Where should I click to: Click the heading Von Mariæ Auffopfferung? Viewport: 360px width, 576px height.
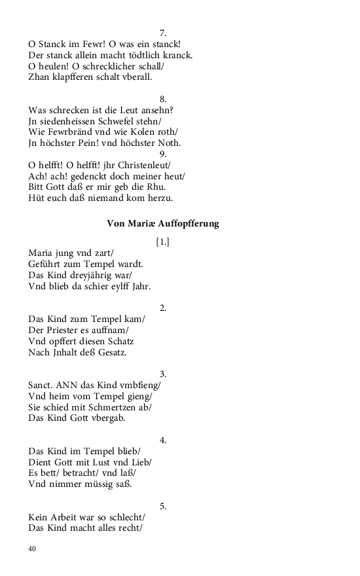point(163,224)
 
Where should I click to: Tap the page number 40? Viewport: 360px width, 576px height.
point(32,549)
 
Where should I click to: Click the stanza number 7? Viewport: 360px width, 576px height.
point(163,32)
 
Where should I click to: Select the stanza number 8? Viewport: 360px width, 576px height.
point(163,99)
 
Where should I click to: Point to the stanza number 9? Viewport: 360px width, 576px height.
point(163,154)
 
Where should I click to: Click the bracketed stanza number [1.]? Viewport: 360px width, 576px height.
point(163,242)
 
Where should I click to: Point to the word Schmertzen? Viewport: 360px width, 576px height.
point(114,407)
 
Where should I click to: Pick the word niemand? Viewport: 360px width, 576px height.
point(112,198)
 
